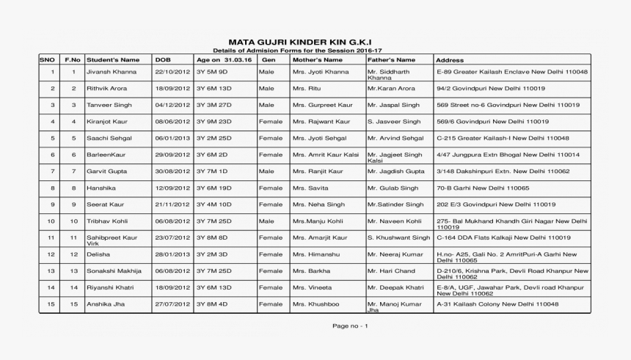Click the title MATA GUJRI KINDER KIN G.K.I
coord(304,42)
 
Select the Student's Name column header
coord(113,59)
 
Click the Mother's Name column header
coord(317,59)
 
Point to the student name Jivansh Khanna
coord(112,72)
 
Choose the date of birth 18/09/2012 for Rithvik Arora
coord(172,88)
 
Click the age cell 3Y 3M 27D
coord(214,105)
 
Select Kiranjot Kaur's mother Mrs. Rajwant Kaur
coord(321,122)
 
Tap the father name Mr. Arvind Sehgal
coord(395,138)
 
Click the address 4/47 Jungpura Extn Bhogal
coord(508,155)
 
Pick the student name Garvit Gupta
coord(108,171)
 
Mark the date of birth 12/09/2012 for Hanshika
coord(172,188)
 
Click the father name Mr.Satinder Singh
coord(395,205)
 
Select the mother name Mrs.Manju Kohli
coord(318,221)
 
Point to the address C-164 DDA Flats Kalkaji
coord(503,238)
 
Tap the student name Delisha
coord(98,254)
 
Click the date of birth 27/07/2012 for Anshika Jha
coord(172,304)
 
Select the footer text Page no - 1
coord(350,326)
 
